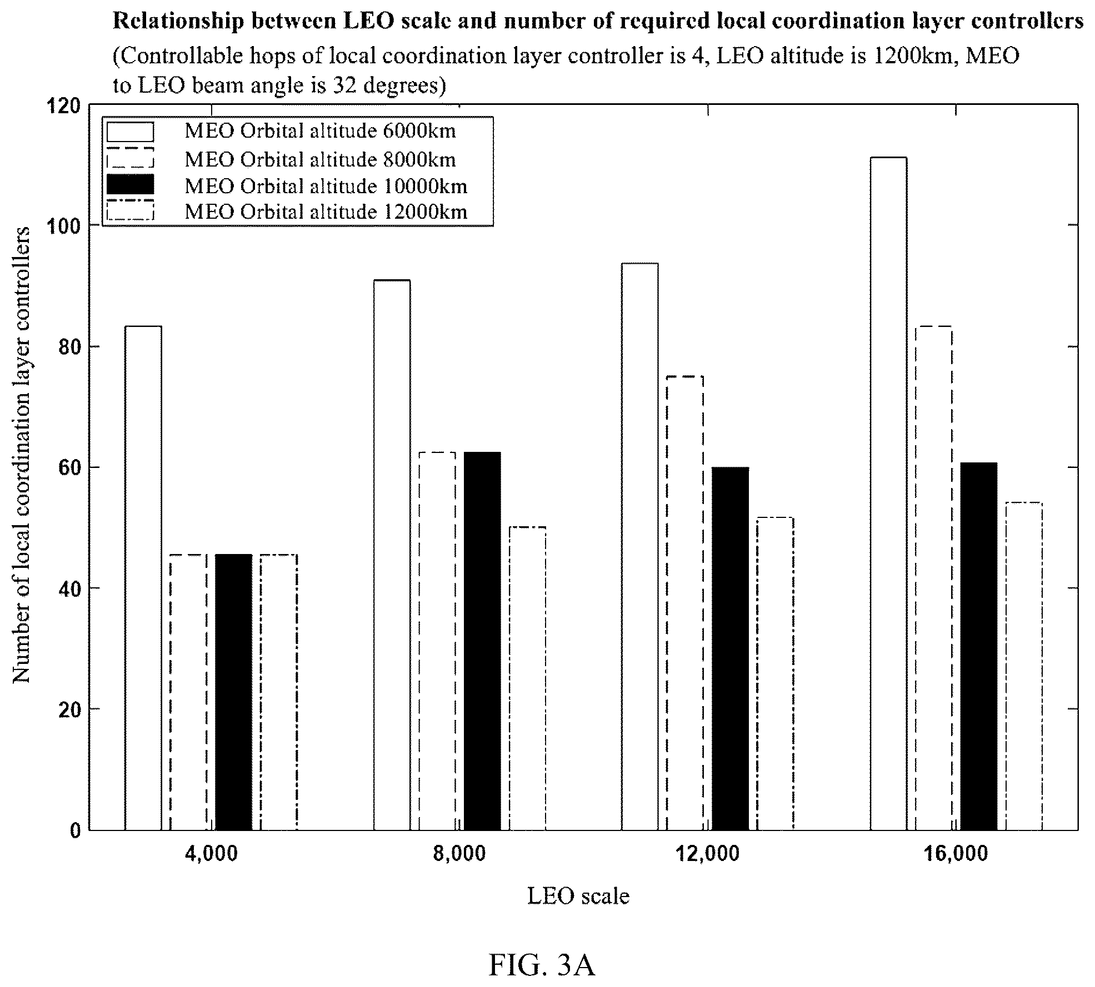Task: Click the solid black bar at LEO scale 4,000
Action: [233, 692]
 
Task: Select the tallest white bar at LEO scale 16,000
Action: [888, 494]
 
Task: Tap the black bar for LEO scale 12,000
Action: [730, 649]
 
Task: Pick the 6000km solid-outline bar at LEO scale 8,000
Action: [392, 555]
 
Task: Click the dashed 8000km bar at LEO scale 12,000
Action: [685, 603]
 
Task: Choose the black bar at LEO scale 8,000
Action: [482, 641]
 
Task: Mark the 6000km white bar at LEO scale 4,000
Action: [143, 578]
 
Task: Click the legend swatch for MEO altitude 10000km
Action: [131, 185]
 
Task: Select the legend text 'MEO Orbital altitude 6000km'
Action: [320, 131]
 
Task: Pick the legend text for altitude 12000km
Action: [326, 211]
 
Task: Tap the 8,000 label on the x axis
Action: [459, 854]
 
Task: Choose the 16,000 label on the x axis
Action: [956, 854]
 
